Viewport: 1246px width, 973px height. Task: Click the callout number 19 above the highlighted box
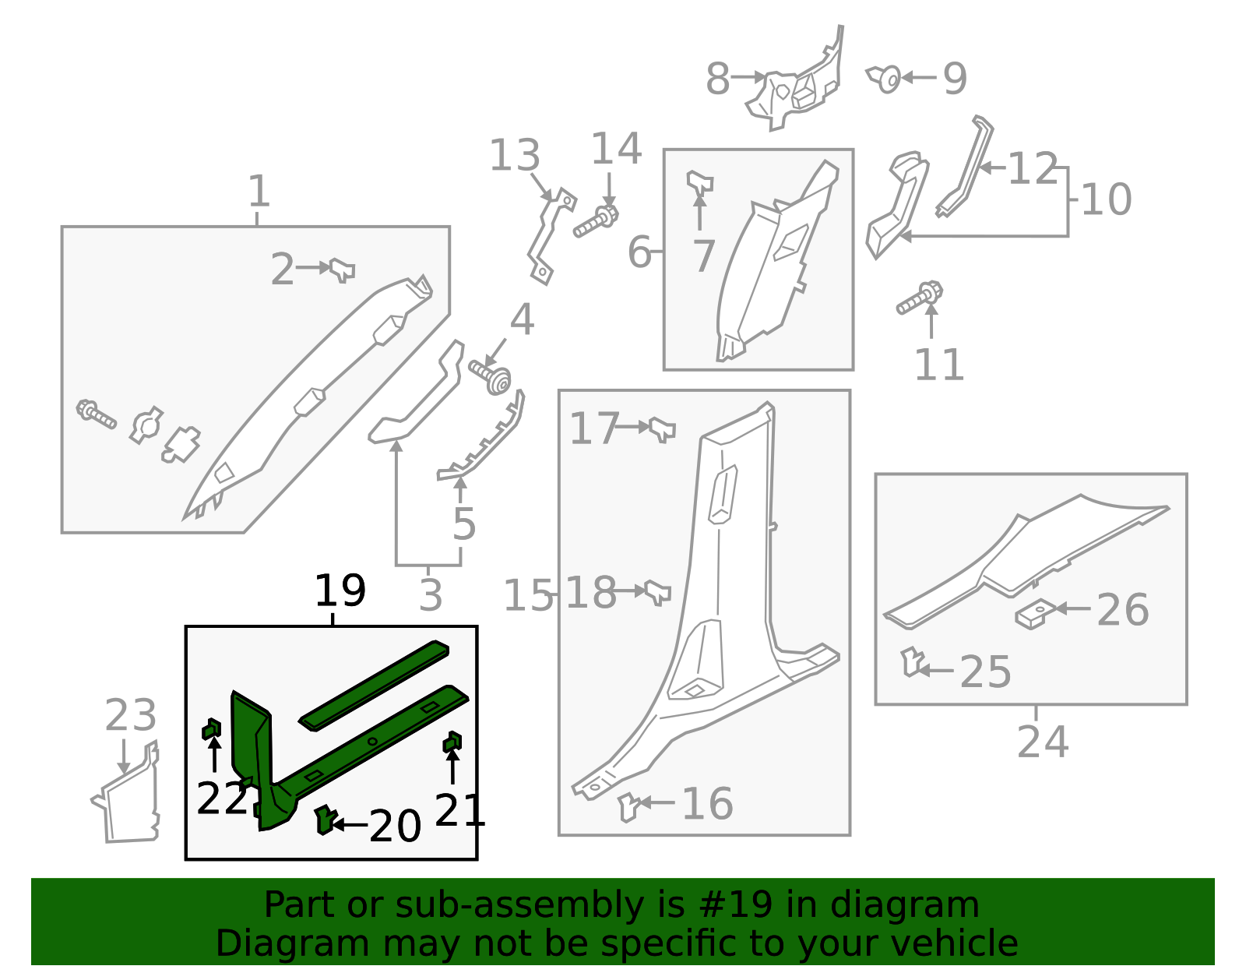(340, 590)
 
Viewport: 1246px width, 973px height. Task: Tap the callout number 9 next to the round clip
(955, 79)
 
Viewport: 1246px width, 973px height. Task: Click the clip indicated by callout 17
(662, 429)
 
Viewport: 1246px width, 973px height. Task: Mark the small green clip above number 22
(212, 729)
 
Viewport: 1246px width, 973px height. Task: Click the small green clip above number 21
(452, 742)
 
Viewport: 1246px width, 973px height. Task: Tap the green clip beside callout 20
(326, 820)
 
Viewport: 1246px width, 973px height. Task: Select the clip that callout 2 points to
(343, 270)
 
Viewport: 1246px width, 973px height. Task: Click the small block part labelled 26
(1035, 614)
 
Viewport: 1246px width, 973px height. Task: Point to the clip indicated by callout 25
(912, 661)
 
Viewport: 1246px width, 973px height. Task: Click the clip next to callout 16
(629, 807)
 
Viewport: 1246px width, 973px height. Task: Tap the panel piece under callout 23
(125, 796)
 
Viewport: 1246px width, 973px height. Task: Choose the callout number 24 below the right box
(1043, 742)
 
